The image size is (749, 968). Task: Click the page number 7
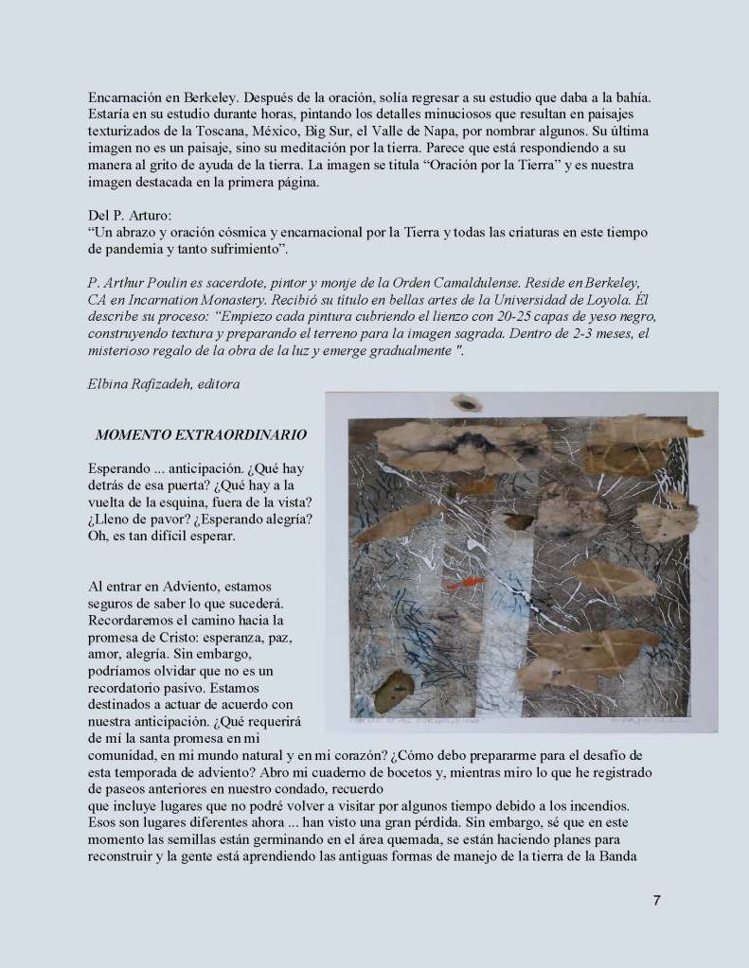coord(657,900)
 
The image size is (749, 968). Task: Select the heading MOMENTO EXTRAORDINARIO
coord(201,435)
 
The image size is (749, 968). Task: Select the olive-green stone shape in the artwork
coord(394,691)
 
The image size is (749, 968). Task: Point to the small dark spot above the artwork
coord(467,403)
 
